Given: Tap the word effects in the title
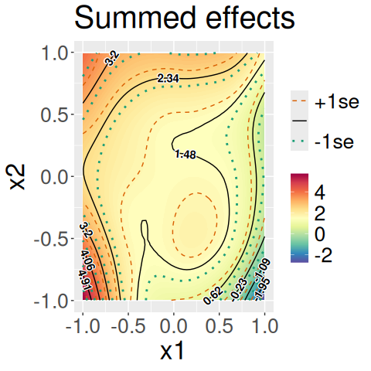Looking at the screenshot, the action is pos(250,18).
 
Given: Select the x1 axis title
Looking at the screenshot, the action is pos(172,351).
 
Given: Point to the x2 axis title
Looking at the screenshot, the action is pos(18,177).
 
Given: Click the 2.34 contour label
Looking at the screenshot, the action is pos(168,78).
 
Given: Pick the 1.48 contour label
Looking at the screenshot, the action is pos(185,155).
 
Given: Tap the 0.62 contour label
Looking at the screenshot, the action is pos(213,295).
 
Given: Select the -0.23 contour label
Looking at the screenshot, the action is pos(239,290).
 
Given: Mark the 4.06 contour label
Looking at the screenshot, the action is pos(88,260).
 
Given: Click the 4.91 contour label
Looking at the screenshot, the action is pos(85,281).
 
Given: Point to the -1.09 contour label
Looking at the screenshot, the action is pos(263,271).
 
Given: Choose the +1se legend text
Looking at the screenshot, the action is pos(337,102).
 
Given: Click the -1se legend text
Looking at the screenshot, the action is pos(334,141).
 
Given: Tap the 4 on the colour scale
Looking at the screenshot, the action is pos(320,192).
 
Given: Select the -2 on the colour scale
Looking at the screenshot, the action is pos(323,255).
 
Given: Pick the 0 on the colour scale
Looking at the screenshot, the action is pos(320,234).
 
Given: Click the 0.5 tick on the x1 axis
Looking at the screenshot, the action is pos(220,325).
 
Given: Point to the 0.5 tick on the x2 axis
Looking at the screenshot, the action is pos(53,114).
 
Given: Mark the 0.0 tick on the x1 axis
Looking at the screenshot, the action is pos(174,325).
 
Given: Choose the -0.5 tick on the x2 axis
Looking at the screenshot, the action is pos(50,239).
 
